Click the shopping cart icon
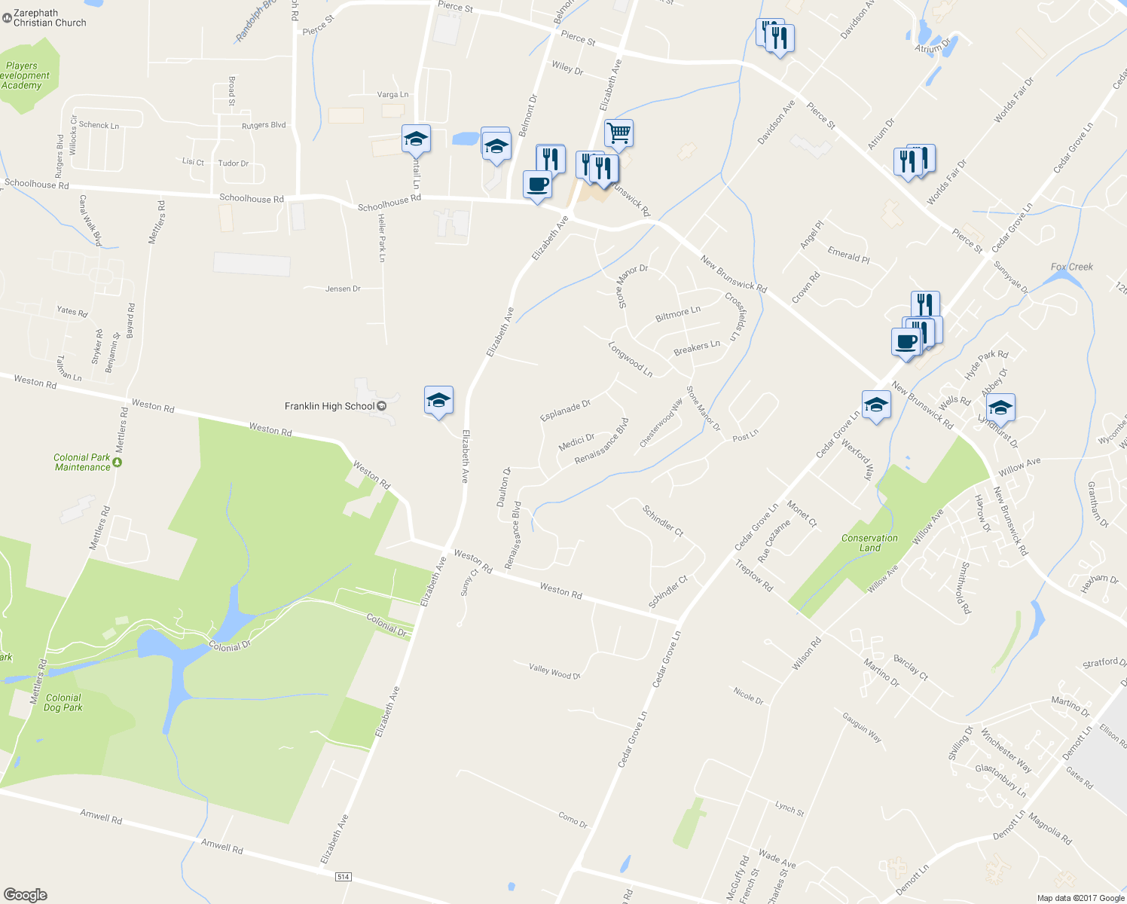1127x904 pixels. (x=618, y=133)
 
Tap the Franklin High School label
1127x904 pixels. (x=329, y=406)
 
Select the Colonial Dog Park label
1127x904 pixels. (x=63, y=703)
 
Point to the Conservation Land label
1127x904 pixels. (x=869, y=543)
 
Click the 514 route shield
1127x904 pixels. (x=344, y=877)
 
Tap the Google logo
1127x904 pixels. (x=26, y=894)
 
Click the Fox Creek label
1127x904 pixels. (x=1071, y=267)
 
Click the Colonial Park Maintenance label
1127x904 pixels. (x=82, y=463)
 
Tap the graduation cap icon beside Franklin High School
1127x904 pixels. (x=438, y=400)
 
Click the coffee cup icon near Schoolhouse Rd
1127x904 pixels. (x=537, y=185)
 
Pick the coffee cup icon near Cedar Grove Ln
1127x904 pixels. (x=906, y=342)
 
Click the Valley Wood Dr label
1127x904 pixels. (x=554, y=671)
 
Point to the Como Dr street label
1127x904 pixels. (x=573, y=820)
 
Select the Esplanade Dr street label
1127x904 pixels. (x=565, y=411)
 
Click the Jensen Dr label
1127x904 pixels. (x=343, y=289)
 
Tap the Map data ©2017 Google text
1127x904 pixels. (x=1080, y=898)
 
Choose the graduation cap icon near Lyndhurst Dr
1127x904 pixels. (x=1000, y=408)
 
